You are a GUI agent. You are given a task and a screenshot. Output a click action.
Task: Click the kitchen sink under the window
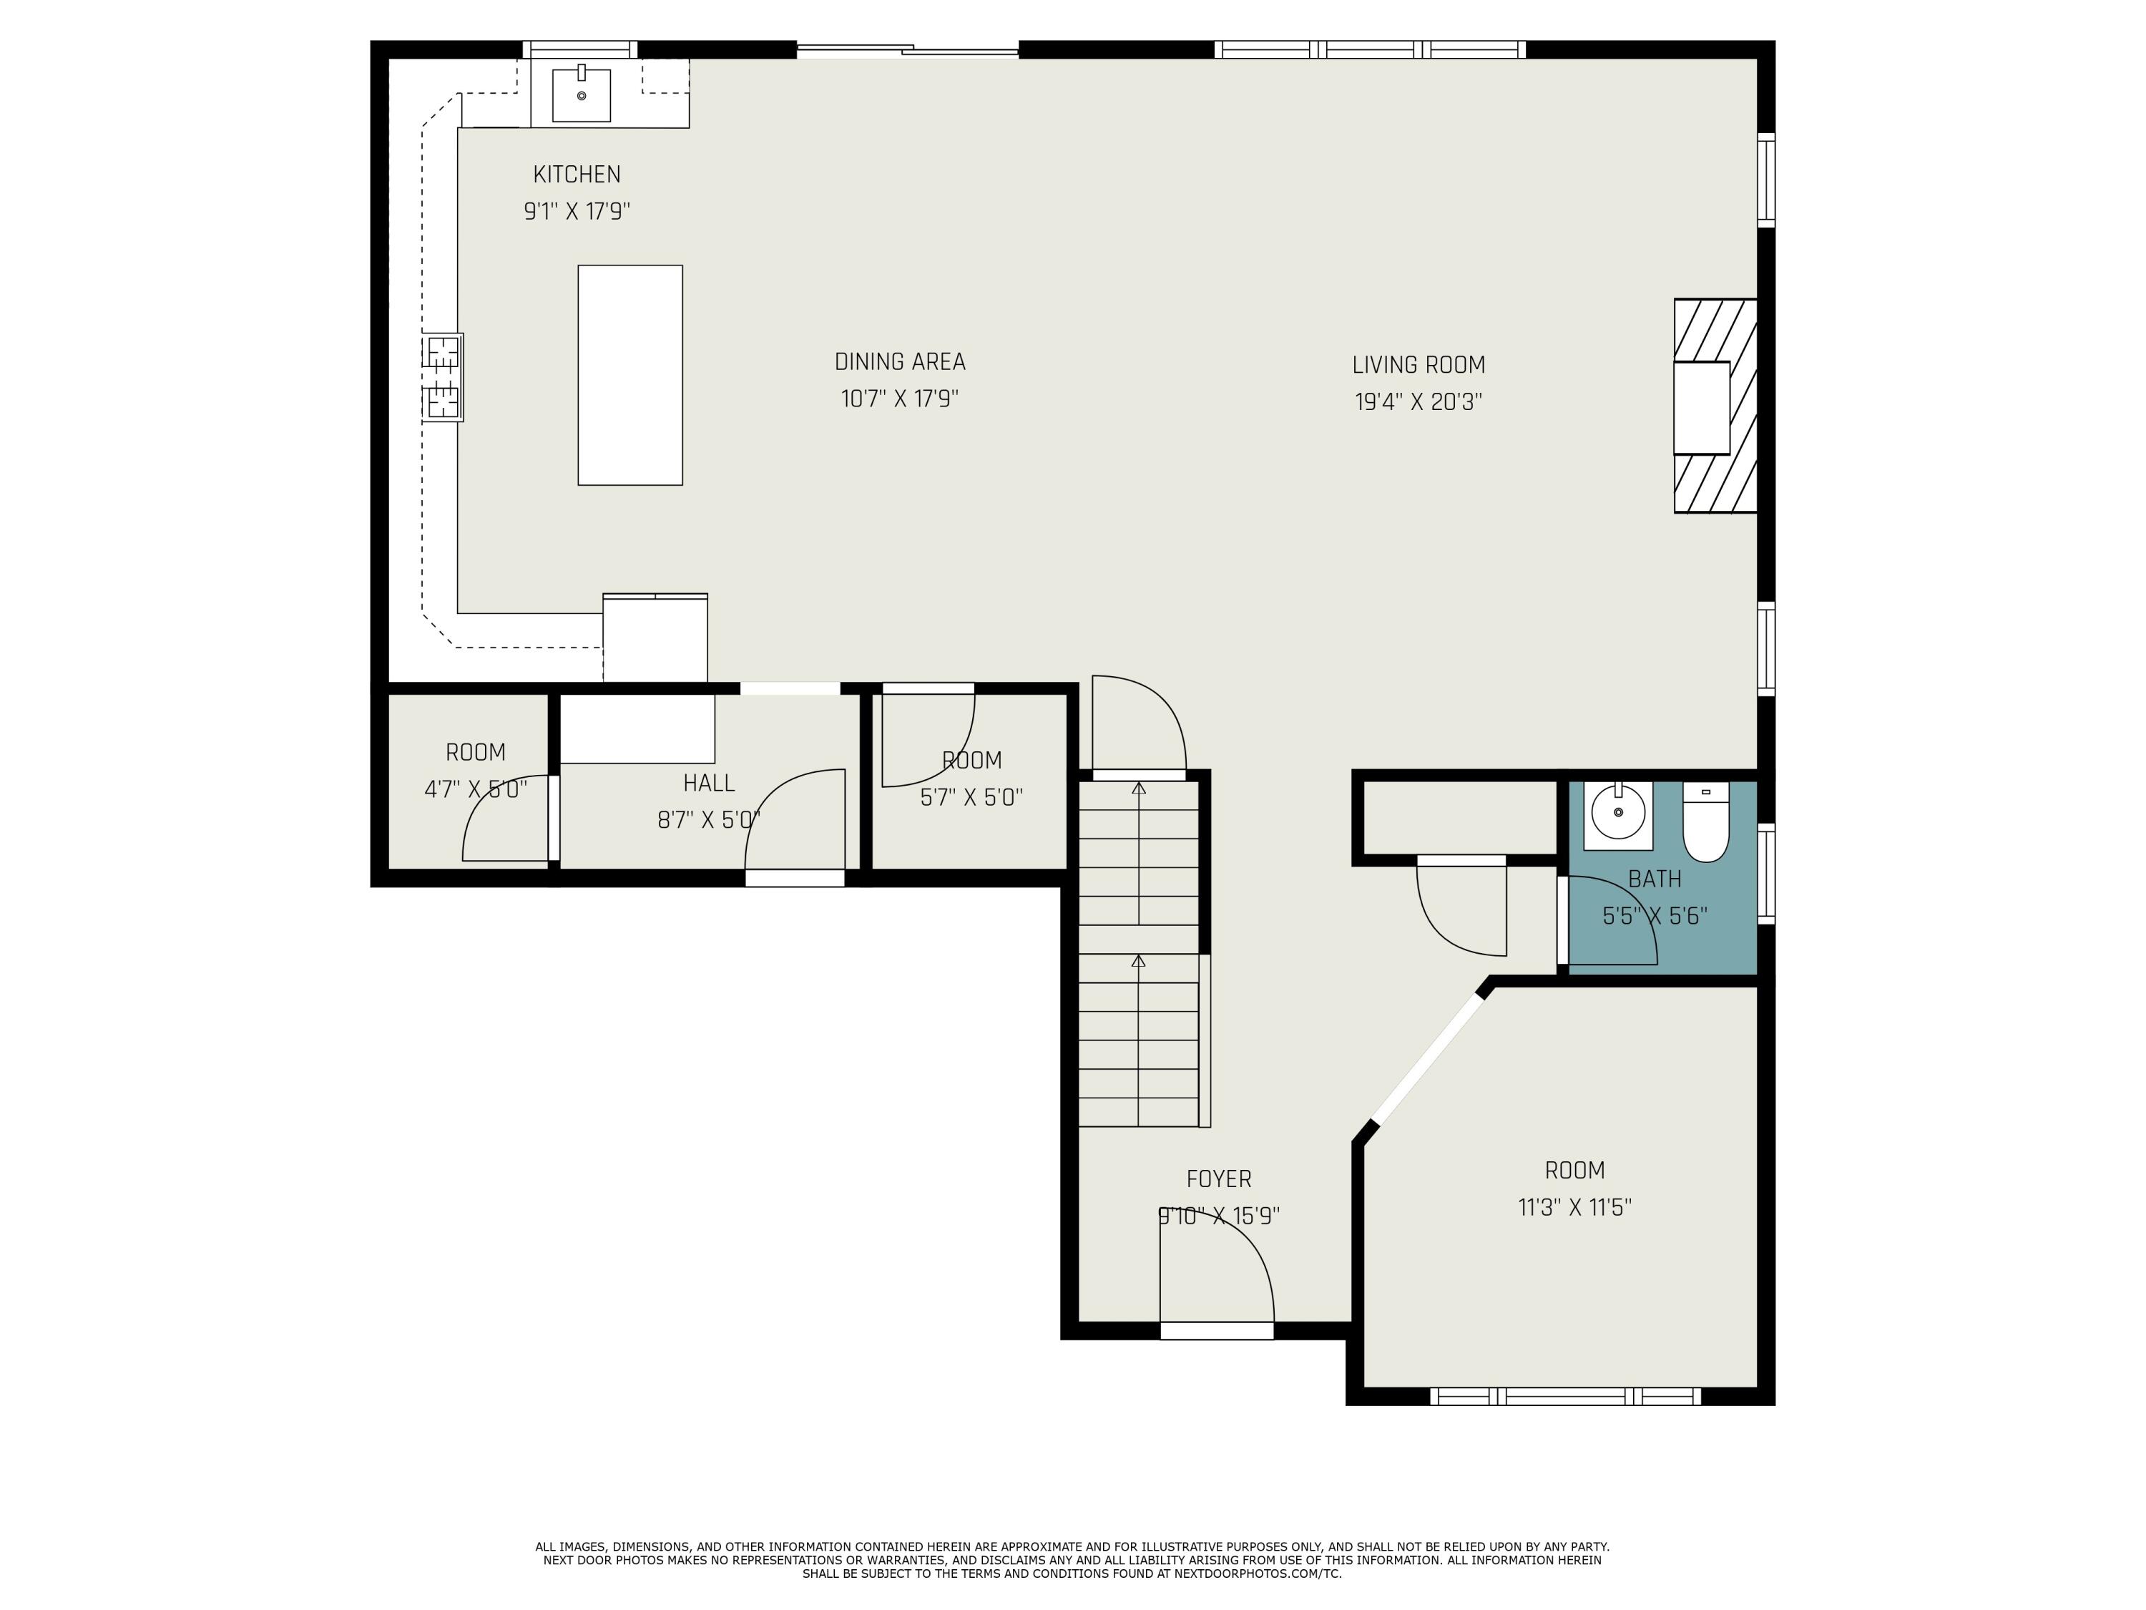(581, 95)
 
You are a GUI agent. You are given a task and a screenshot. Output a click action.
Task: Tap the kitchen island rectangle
(629, 375)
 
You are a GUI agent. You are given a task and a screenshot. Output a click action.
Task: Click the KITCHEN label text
(577, 175)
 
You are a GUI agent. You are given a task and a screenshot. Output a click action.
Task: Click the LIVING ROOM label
(1419, 365)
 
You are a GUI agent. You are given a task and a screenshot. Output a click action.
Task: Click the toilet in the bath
(1705, 823)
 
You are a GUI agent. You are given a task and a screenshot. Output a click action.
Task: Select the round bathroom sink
(1618, 814)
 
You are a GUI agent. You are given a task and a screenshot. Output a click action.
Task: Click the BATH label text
(1654, 879)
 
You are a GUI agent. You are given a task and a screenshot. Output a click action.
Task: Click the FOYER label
(1218, 1179)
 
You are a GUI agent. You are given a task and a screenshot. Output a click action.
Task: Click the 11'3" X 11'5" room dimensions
(1574, 1207)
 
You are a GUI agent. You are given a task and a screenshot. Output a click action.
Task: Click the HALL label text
(708, 783)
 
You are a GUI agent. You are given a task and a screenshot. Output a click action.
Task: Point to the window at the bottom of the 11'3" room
(1565, 1395)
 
